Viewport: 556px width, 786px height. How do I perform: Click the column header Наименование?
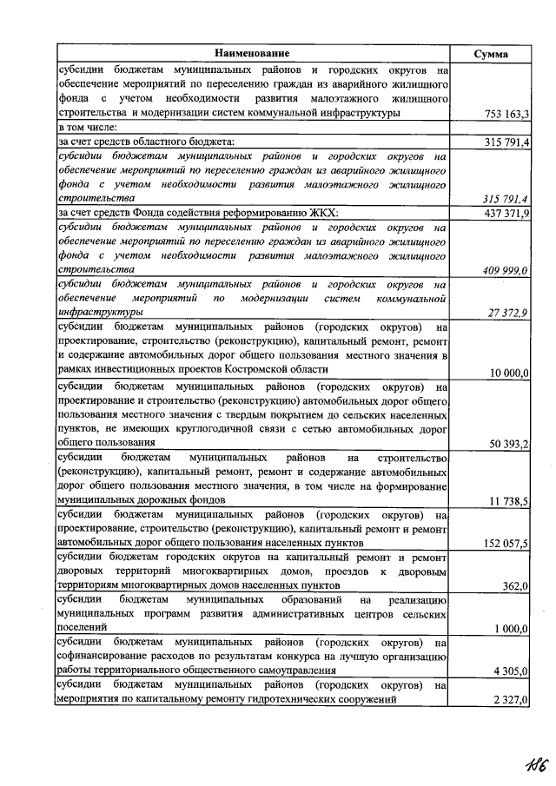(252, 54)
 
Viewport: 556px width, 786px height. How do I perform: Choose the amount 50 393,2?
(510, 444)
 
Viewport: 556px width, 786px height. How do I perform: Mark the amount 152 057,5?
(506, 544)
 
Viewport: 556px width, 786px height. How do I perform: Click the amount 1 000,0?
(513, 629)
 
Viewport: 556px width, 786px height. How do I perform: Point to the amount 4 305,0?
(513, 670)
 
